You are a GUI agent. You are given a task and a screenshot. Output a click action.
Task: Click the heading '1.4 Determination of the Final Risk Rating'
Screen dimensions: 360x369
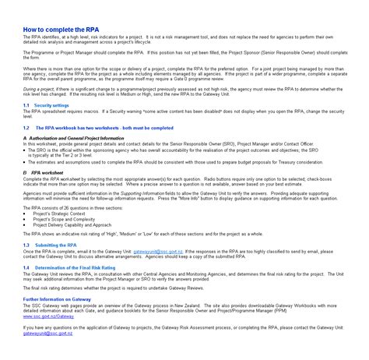click(x=74, y=267)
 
